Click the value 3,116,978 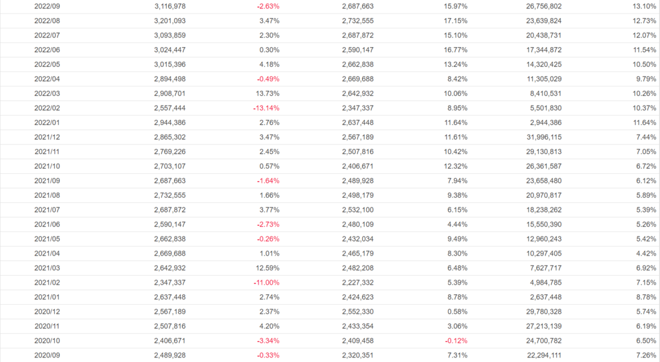[x=170, y=6]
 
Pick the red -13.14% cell [x=266, y=108]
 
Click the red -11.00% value [x=266, y=282]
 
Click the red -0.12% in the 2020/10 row [x=456, y=340]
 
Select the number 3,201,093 [x=170, y=21]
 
